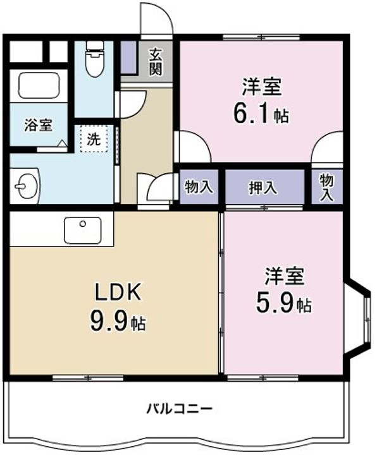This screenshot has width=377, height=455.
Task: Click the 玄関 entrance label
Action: click(x=156, y=61)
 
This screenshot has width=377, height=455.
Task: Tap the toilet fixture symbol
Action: click(x=95, y=59)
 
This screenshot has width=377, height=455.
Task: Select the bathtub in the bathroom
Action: click(x=39, y=85)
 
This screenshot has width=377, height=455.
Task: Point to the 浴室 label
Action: click(x=39, y=125)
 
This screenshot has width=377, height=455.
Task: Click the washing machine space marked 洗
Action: click(x=94, y=138)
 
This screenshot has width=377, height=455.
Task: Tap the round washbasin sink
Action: click(x=25, y=186)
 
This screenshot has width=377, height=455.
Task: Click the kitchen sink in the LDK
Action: click(x=83, y=230)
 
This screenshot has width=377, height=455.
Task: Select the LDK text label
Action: click(x=118, y=292)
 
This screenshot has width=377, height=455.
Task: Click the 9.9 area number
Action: click(x=109, y=320)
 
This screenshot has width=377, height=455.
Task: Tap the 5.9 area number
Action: click(x=275, y=302)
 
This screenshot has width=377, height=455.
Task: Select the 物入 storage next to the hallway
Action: click(x=199, y=186)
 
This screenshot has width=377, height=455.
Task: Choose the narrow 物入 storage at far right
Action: click(x=327, y=186)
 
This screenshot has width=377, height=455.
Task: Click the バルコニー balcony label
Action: click(x=179, y=409)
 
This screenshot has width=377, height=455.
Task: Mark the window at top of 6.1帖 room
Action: click(x=261, y=37)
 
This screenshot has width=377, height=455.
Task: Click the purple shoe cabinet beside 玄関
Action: click(x=128, y=57)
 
